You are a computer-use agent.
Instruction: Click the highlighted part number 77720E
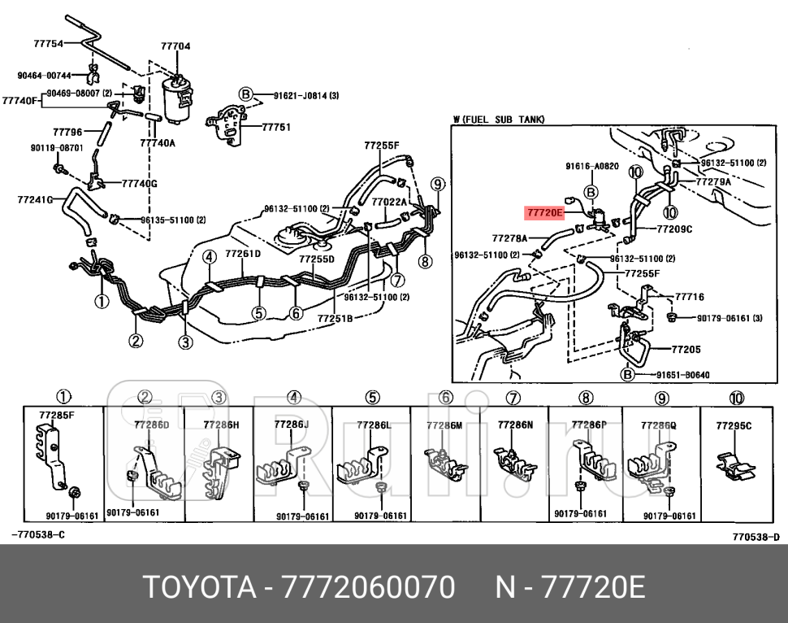pyautogui.click(x=544, y=213)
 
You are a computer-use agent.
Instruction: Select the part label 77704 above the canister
pyautogui.click(x=175, y=46)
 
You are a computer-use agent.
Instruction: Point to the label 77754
pyautogui.click(x=49, y=44)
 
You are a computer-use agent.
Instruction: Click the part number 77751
pyautogui.click(x=276, y=128)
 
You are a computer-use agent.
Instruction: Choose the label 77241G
pyautogui.click(x=34, y=198)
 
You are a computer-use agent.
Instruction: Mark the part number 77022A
pyautogui.click(x=388, y=202)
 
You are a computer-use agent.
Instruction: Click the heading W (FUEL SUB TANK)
pyautogui.click(x=499, y=120)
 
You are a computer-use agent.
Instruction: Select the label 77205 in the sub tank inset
pyautogui.click(x=686, y=350)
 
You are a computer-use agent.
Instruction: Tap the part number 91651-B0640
pyautogui.click(x=682, y=375)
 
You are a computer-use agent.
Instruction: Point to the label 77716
pyautogui.click(x=690, y=298)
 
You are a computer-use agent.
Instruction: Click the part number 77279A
pyautogui.click(x=712, y=182)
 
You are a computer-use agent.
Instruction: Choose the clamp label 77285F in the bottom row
pyautogui.click(x=56, y=416)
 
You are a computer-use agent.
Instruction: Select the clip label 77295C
pyautogui.click(x=734, y=425)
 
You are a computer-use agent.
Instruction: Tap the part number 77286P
pyautogui.click(x=589, y=425)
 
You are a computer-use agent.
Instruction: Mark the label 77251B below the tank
pyautogui.click(x=335, y=318)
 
